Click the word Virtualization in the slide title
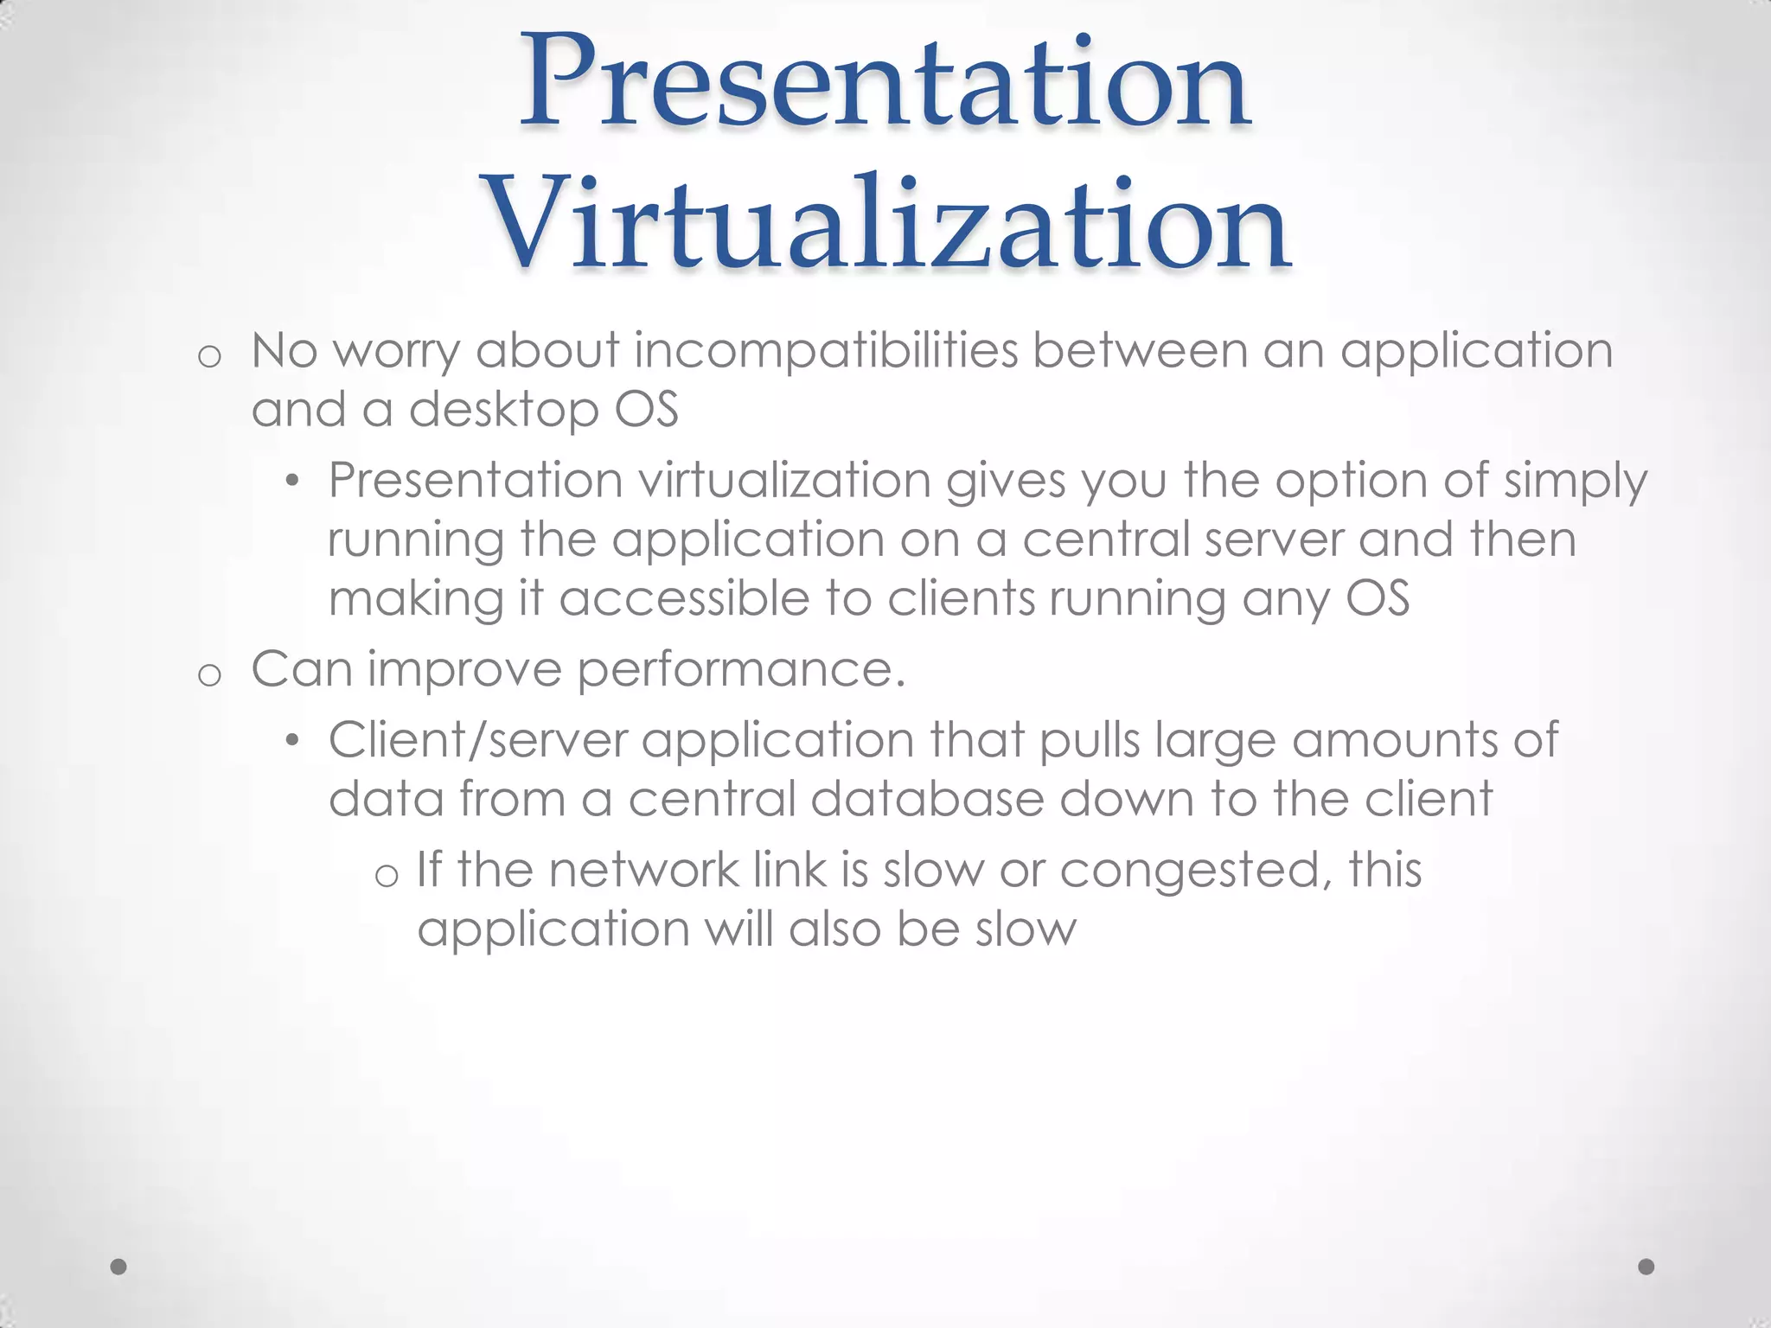(x=888, y=223)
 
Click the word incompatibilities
(x=826, y=351)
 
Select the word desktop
(x=503, y=410)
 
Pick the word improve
(x=464, y=671)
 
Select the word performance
(x=741, y=671)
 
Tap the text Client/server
(x=477, y=741)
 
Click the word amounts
(x=1395, y=741)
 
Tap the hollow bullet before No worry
(x=209, y=356)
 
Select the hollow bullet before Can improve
(x=209, y=674)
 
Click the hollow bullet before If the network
(x=387, y=875)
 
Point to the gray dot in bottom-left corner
(x=119, y=1267)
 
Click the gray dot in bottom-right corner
(x=1646, y=1267)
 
